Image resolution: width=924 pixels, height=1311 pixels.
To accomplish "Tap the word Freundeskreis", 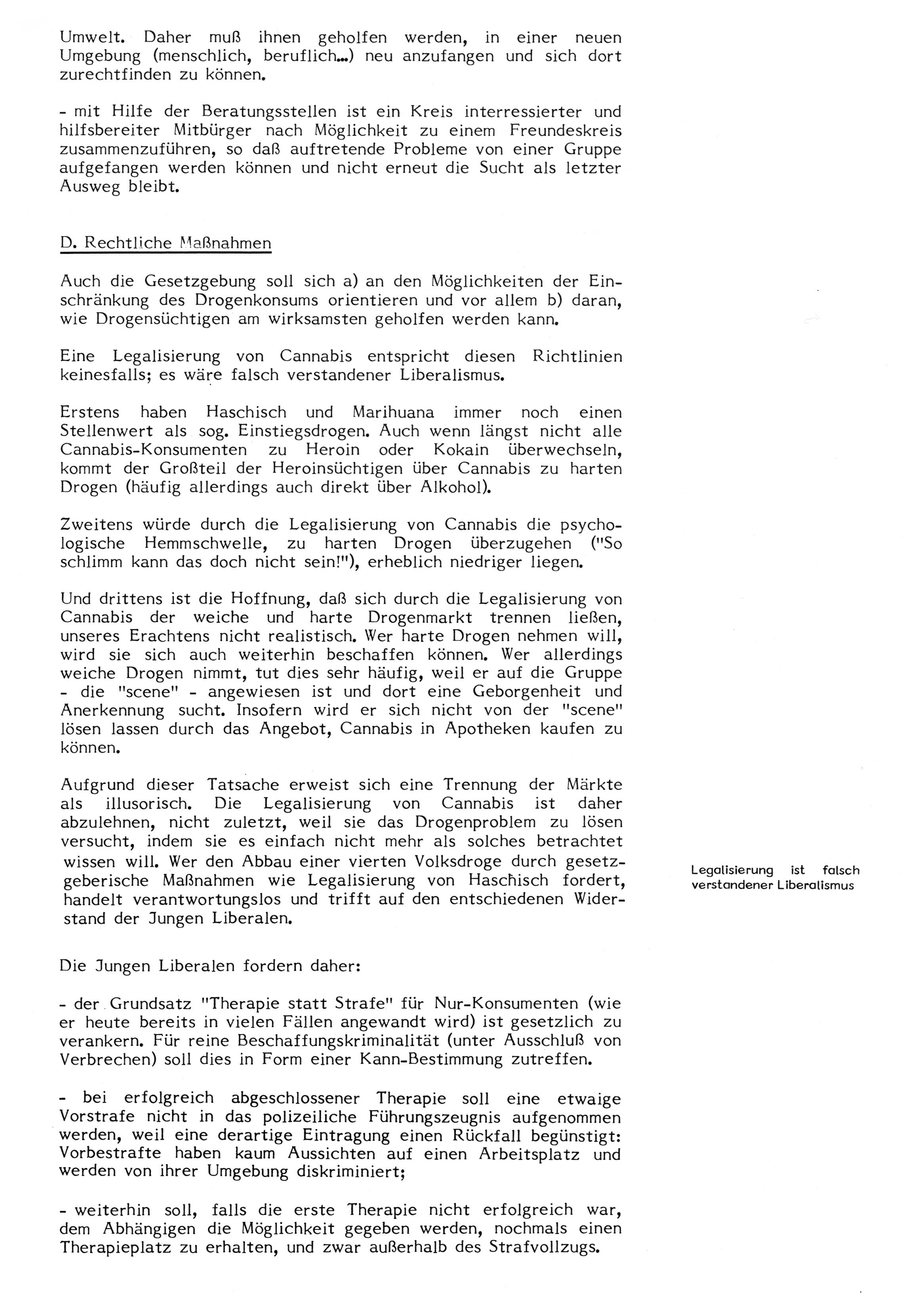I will (565, 131).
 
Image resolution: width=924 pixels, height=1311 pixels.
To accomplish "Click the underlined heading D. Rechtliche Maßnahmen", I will (166, 243).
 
